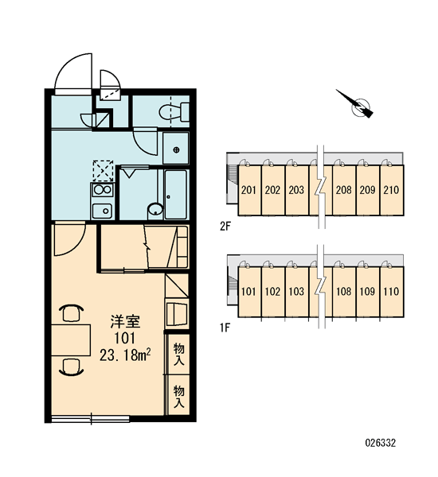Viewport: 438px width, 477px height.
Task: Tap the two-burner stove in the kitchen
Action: tap(103, 190)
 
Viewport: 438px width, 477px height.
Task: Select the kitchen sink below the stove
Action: tap(103, 211)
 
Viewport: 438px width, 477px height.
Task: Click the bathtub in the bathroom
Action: tap(175, 194)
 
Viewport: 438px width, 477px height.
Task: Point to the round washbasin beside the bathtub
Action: tap(155, 210)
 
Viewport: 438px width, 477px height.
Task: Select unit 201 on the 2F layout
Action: tap(249, 190)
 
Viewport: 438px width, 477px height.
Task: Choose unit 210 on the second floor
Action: tap(392, 190)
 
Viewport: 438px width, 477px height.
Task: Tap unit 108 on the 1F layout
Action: tap(344, 292)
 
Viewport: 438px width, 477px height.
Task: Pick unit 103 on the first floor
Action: tap(296, 292)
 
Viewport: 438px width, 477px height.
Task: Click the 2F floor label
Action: tap(225, 227)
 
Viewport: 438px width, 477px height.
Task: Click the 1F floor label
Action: tap(225, 328)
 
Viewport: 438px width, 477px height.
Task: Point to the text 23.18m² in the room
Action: tap(125, 355)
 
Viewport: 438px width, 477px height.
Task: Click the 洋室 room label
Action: tap(125, 322)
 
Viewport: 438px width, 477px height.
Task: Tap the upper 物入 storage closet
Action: tap(179, 354)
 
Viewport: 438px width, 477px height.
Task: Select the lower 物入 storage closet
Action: tap(179, 396)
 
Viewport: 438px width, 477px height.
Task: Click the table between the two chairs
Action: tap(71, 340)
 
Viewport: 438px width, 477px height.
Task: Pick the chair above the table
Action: tap(72, 313)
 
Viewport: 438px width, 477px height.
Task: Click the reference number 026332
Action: tap(381, 443)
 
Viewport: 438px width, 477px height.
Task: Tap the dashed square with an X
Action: tap(103, 171)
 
